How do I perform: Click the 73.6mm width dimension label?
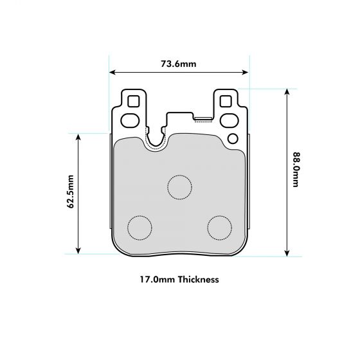(x=179, y=64)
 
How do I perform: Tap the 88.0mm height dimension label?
(x=295, y=170)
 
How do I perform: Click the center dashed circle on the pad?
(x=179, y=186)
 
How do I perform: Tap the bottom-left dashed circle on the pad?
(x=139, y=226)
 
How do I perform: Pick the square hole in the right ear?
(x=226, y=102)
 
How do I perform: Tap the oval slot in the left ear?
(x=130, y=120)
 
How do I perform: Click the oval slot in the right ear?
(x=228, y=120)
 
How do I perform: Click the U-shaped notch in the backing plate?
(x=156, y=138)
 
